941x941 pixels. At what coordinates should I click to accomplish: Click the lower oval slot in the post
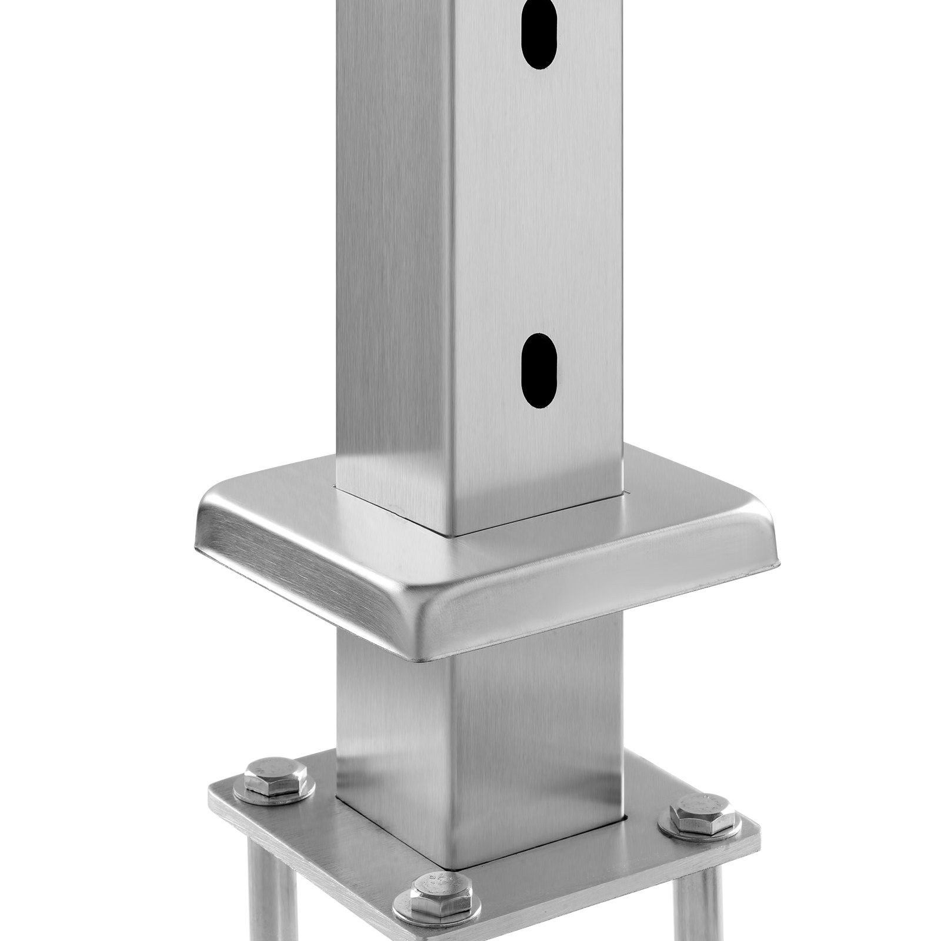(538, 371)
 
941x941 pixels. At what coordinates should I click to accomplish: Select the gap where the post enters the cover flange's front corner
(454, 535)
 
